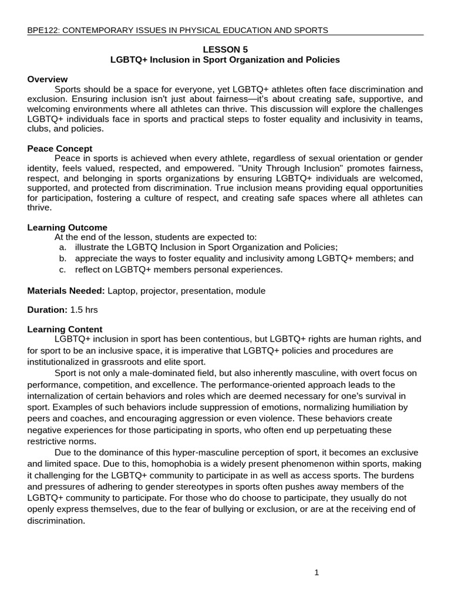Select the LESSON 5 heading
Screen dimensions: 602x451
(x=225, y=50)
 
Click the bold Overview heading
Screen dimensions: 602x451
(x=48, y=79)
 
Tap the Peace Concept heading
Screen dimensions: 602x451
(x=60, y=149)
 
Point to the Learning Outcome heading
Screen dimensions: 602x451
(x=68, y=228)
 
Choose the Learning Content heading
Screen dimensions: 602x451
(x=65, y=329)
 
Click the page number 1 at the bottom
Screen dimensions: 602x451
(x=317, y=574)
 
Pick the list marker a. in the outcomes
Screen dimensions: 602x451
(x=62, y=248)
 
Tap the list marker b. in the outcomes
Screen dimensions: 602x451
(x=62, y=258)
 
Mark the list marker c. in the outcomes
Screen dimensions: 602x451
(x=62, y=269)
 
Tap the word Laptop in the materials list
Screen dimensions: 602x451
(x=122, y=291)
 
